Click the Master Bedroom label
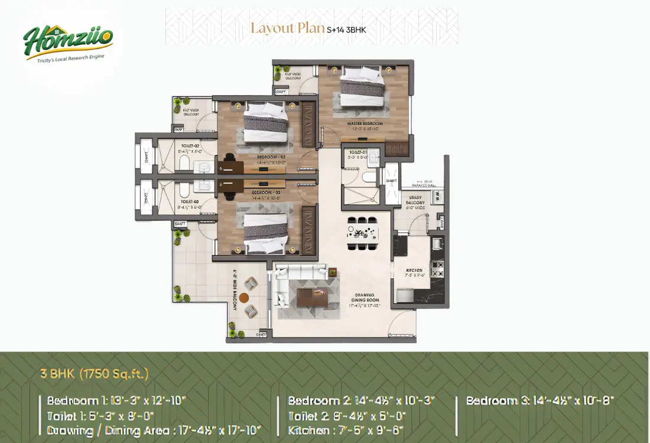coord(365,123)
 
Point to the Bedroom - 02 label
coord(271,157)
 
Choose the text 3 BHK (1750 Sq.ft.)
coord(95,373)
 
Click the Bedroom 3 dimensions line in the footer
coord(539,400)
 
